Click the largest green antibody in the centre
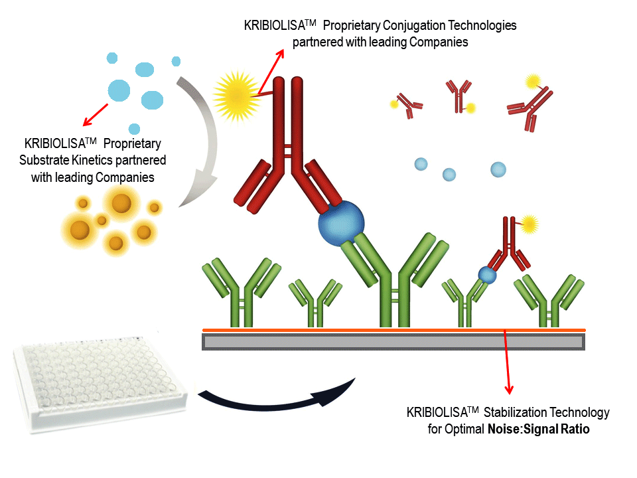coord(395,279)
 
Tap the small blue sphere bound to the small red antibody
coord(488,274)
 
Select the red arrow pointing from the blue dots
coord(94,113)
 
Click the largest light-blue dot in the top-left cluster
coord(120,90)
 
